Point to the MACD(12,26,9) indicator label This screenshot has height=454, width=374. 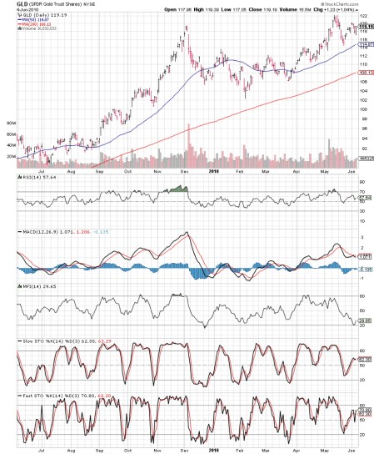23,230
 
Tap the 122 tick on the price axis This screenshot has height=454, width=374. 364,17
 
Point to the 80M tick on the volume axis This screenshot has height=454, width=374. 11,123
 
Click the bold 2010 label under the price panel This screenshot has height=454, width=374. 213,171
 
